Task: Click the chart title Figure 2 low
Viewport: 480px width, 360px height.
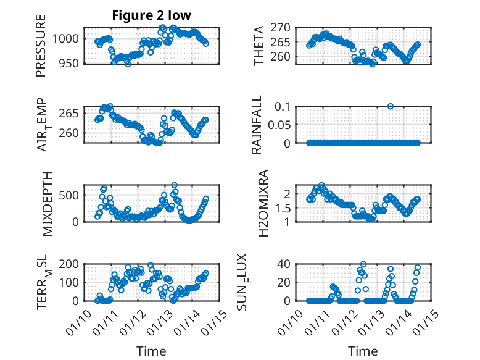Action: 151,16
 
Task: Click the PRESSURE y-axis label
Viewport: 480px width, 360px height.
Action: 41,49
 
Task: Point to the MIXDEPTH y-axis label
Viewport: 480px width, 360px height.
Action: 47,203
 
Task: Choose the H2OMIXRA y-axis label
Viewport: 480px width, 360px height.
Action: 262,203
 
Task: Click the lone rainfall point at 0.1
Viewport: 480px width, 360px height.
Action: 391,106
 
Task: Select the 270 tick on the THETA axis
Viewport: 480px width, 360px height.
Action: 281,28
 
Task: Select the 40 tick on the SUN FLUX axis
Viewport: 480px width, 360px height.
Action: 284,264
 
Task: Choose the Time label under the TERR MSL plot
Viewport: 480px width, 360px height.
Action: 151,351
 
